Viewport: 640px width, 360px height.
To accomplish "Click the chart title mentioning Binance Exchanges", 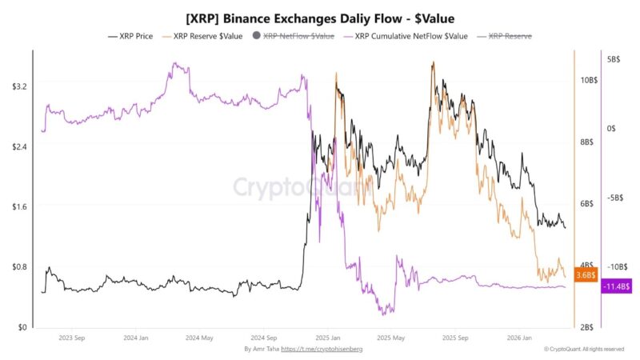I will tap(320, 16).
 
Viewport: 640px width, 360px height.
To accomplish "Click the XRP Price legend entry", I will tap(132, 36).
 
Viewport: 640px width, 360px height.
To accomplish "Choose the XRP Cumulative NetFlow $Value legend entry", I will tap(406, 36).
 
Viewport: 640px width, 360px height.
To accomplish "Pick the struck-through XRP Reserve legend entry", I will tap(505, 36).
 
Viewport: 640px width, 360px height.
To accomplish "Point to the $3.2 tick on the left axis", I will tap(19, 86).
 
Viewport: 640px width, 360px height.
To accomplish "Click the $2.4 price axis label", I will tap(19, 146).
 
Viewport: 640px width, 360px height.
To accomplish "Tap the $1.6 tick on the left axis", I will tap(19, 206).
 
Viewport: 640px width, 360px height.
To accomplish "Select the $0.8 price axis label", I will tap(19, 267).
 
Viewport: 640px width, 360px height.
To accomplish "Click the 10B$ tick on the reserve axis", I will tap(589, 81).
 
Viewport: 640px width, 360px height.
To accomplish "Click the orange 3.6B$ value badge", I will tap(586, 275).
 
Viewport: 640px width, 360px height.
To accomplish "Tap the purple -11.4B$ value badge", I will tap(618, 286).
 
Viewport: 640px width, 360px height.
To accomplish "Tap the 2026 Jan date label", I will tap(520, 338).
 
